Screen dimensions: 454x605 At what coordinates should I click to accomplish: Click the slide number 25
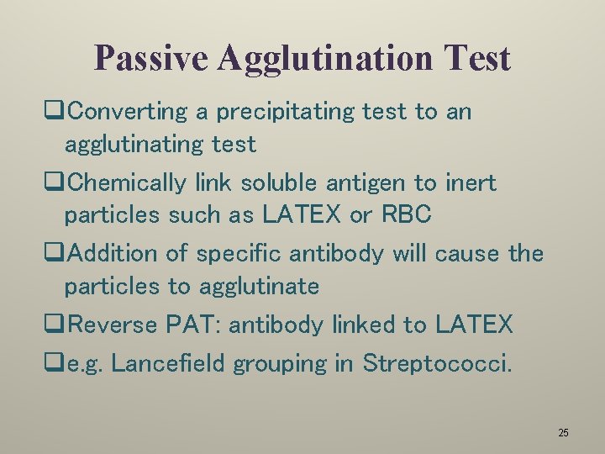563,433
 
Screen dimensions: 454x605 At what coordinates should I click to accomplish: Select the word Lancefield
168,363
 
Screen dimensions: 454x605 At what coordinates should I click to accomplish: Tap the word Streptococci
436,363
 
